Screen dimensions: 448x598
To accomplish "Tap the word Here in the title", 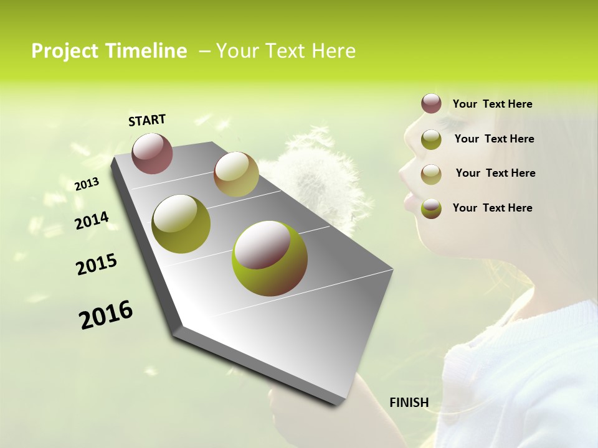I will point(333,51).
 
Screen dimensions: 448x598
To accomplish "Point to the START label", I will point(147,120).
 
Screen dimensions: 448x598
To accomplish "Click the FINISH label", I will point(409,403).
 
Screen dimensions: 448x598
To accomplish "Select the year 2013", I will point(87,184).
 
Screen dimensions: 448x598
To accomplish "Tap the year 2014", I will point(92,221).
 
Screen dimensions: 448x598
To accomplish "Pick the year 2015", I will point(96,264).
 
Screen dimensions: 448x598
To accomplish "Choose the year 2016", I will point(105,315).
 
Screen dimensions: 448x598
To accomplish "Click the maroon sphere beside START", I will point(152,153).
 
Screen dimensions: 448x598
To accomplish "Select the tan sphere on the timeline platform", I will point(236,174).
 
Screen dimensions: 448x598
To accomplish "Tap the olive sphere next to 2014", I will point(181,224).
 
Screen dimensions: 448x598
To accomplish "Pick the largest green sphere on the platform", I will point(270,258).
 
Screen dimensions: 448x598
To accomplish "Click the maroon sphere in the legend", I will point(431,104).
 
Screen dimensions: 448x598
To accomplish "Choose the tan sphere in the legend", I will point(431,174).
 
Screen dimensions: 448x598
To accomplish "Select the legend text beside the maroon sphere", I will point(492,105).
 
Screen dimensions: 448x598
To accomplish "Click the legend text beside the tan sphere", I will point(495,173).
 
